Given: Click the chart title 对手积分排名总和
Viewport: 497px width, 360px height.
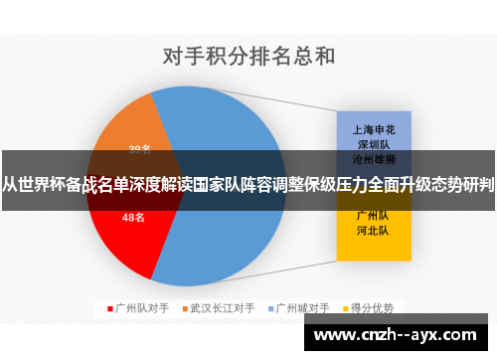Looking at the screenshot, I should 248,55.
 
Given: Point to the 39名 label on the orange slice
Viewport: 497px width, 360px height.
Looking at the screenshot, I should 140,149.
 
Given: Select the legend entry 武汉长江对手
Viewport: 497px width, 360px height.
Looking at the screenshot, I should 221,308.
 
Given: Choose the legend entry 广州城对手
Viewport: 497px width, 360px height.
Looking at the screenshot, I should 302,308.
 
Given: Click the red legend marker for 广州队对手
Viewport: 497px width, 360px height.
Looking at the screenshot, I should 109,308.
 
